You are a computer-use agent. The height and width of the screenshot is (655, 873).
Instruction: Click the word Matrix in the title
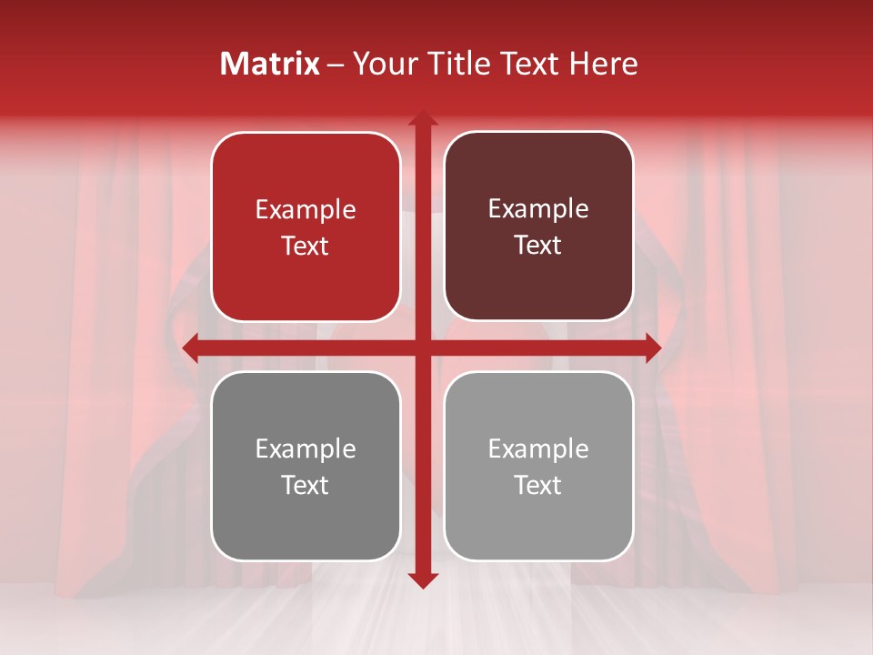[270, 64]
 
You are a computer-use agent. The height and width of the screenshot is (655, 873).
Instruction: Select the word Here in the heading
[603, 64]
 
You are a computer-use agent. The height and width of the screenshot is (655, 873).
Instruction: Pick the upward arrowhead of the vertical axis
[422, 119]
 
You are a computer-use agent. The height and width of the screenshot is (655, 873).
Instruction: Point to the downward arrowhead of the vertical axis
[422, 580]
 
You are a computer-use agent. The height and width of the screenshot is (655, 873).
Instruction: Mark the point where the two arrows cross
[422, 348]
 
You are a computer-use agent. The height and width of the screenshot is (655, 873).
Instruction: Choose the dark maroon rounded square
[538, 282]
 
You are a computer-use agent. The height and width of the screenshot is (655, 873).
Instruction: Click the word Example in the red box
[306, 210]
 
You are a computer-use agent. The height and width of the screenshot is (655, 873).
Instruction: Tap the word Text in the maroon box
[538, 246]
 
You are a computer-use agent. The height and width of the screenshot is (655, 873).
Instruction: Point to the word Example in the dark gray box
[306, 449]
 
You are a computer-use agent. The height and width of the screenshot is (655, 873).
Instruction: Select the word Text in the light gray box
[538, 486]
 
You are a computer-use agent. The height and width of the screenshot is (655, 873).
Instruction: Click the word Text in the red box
[306, 247]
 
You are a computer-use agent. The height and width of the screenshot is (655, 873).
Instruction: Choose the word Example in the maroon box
[538, 209]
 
